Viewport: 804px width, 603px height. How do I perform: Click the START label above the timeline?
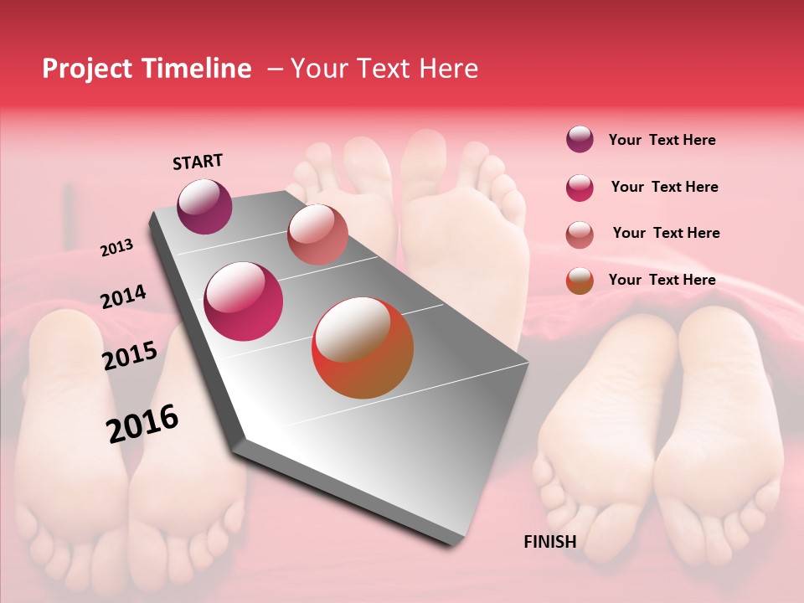(198, 162)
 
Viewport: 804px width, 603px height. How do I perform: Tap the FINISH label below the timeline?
(549, 542)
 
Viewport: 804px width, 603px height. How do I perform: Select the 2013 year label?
(116, 248)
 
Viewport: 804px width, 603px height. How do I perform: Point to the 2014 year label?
(123, 296)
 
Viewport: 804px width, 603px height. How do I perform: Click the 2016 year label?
(142, 423)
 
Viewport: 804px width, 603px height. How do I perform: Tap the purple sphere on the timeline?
(204, 206)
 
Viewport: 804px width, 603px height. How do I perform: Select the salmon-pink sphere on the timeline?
(317, 234)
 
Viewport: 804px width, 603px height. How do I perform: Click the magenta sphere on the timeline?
(243, 301)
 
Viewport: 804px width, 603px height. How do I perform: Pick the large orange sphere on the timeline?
(363, 348)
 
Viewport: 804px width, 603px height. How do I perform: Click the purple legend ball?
(580, 140)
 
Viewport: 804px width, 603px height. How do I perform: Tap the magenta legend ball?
(580, 188)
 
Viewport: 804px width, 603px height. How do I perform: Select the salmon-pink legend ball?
(580, 234)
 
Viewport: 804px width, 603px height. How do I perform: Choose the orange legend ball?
(580, 281)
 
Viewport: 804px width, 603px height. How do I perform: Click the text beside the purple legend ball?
(662, 140)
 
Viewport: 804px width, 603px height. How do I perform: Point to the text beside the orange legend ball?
(662, 280)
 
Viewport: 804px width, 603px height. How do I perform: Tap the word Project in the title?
(87, 69)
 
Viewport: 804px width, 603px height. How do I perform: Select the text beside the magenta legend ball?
(664, 187)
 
